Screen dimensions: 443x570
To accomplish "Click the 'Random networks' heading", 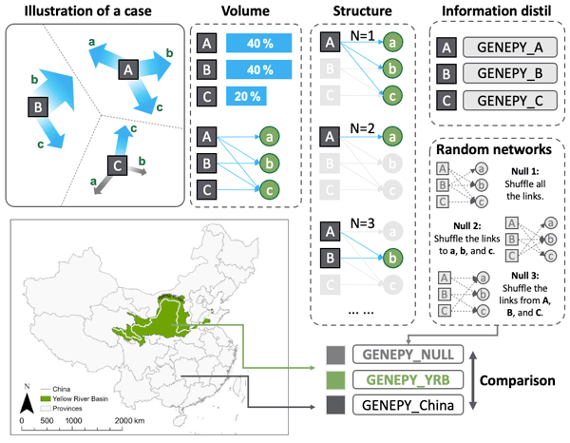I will tap(499, 150).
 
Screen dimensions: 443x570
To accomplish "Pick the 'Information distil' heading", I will tap(499, 12).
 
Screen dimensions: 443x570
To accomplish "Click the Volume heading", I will tap(243, 12).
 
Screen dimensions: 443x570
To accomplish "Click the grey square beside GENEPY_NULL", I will tap(334, 353).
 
